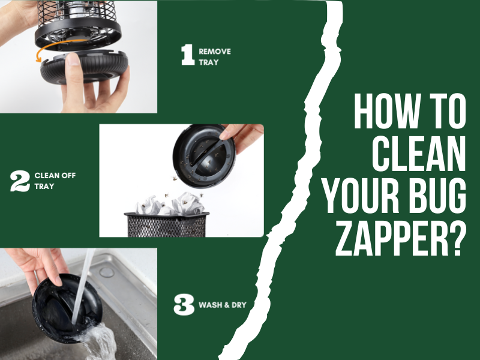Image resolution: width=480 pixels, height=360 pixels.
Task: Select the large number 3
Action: click(184, 304)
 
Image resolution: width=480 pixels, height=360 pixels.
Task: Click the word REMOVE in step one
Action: click(215, 52)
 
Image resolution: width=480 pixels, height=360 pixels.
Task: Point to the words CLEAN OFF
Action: click(55, 176)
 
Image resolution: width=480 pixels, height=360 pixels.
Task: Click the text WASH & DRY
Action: click(223, 305)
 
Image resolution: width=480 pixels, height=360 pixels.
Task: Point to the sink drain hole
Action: click(107, 272)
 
